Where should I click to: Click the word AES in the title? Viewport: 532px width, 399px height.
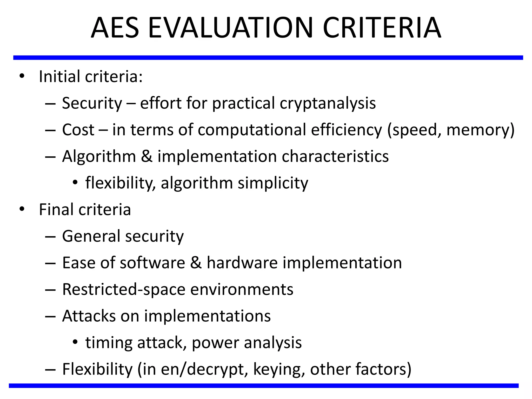click(x=115, y=28)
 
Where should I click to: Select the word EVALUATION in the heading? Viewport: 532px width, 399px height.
click(x=230, y=28)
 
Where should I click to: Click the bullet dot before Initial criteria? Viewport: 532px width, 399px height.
click(x=22, y=76)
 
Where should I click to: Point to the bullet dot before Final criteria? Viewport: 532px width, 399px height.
click(x=22, y=209)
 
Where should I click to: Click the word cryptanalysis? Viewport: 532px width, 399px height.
click(x=328, y=103)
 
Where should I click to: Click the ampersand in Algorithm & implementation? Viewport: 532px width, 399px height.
click(x=147, y=156)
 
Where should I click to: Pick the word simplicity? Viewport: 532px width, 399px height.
click(x=273, y=183)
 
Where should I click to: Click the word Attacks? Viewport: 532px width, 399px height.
click(x=89, y=316)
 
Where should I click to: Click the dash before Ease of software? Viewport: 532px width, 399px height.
click(x=50, y=263)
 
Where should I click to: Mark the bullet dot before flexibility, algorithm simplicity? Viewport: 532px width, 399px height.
click(x=75, y=183)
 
